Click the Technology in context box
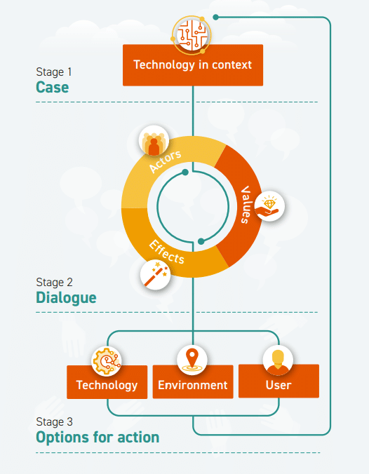tap(192, 65)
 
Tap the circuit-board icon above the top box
tap(192, 34)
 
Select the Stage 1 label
tap(54, 72)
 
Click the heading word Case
tap(53, 88)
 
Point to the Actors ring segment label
tap(166, 161)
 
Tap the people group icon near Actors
tap(154, 142)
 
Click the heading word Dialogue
tap(66, 298)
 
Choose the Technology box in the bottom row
tap(107, 384)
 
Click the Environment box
tap(192, 384)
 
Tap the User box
tap(279, 384)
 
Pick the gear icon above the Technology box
tap(107, 360)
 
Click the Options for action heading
tap(98, 438)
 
